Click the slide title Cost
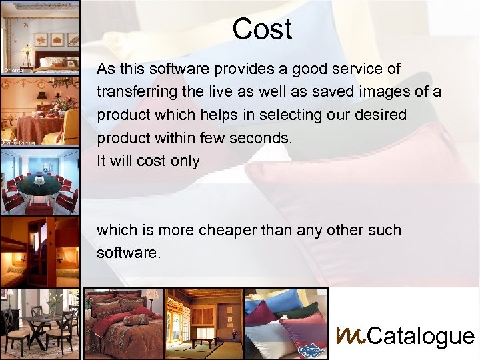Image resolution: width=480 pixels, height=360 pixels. pyautogui.click(x=262, y=29)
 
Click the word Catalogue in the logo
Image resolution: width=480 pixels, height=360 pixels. pyautogui.click(x=421, y=337)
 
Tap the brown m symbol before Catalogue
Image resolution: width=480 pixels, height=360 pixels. pyautogui.click(x=350, y=334)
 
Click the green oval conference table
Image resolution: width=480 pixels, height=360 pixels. pyautogui.click(x=38, y=182)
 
